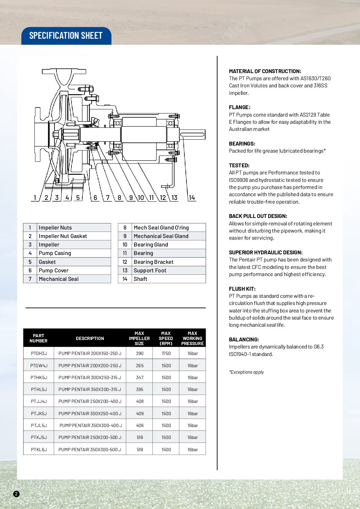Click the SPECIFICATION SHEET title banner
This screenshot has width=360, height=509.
click(x=66, y=36)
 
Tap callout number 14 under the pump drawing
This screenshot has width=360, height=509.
click(x=192, y=198)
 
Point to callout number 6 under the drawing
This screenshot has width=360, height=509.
click(x=95, y=198)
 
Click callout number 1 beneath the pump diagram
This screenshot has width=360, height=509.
click(x=35, y=198)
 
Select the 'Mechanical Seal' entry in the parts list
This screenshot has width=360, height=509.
click(x=59, y=279)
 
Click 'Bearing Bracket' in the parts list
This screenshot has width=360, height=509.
click(x=153, y=262)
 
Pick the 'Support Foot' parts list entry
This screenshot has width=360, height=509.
click(x=150, y=271)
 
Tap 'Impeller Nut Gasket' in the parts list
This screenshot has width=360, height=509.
click(x=63, y=236)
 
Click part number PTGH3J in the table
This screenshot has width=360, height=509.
click(x=39, y=354)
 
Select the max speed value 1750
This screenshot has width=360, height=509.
click(x=166, y=354)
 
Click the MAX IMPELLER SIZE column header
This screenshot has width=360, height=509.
click(x=139, y=338)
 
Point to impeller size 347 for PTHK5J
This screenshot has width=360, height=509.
click(x=140, y=378)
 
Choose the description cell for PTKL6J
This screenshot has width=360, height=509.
click(x=90, y=449)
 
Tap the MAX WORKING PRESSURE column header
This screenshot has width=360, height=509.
click(x=192, y=338)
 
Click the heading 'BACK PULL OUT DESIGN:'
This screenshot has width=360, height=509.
click(x=258, y=216)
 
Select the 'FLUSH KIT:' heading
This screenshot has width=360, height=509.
click(x=242, y=289)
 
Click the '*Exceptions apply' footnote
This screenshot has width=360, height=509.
click(x=246, y=372)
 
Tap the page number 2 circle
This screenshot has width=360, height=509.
click(x=16, y=494)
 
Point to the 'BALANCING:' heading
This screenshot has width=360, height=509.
click(x=244, y=340)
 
